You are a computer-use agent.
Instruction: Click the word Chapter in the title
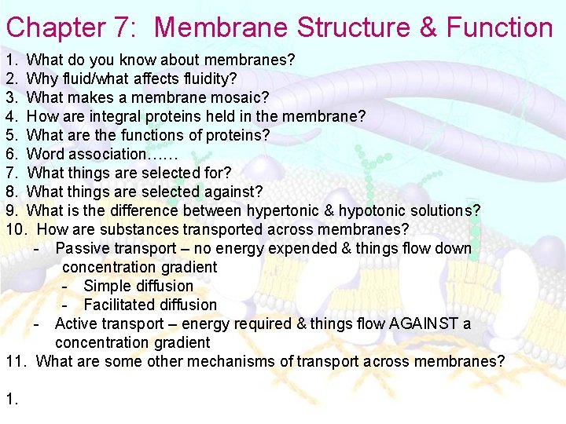click(55, 27)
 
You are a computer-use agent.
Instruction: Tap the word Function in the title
click(500, 27)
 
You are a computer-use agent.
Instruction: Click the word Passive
click(83, 248)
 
